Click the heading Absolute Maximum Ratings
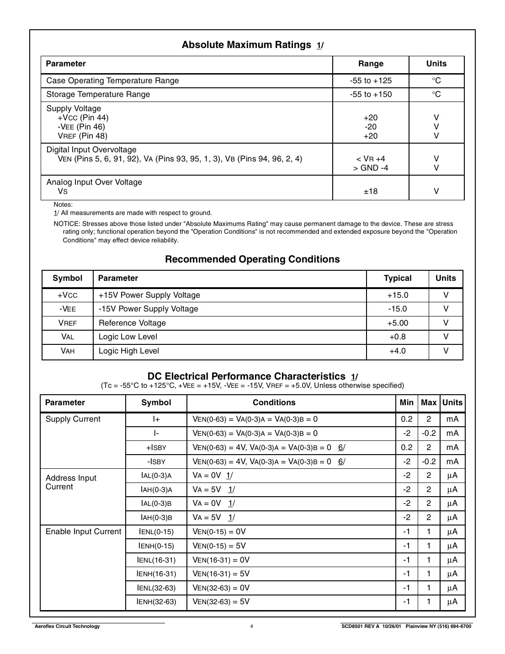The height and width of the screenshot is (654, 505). pos(246,45)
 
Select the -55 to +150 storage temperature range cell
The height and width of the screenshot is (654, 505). pos(371,95)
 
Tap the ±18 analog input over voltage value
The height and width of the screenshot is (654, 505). pos(371,191)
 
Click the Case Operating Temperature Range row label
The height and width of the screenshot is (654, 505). pos(112,81)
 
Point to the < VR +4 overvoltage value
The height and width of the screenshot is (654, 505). pos(371,159)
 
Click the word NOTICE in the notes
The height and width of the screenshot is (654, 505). pos(67,224)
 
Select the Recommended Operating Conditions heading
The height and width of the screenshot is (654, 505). pos(252,259)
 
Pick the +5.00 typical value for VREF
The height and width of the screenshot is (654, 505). pos(398,323)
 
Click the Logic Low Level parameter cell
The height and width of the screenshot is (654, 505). pos(128,337)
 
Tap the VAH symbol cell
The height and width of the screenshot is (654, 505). pos(68,351)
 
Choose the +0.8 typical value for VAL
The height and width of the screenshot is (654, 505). pos(398,337)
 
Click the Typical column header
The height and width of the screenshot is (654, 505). pos(398,279)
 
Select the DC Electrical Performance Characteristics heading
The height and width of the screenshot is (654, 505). pos(246,376)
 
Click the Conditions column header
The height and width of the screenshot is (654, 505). pos(274,403)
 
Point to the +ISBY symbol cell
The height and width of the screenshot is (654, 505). pos(156,448)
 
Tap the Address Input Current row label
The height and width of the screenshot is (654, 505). pos(71,482)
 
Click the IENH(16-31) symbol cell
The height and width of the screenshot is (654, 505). pos(156,574)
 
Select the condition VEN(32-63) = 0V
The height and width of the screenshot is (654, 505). pos(221,588)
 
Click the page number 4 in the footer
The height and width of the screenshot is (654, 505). pos(252,627)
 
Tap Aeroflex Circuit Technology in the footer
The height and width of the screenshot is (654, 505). pos(67,627)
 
